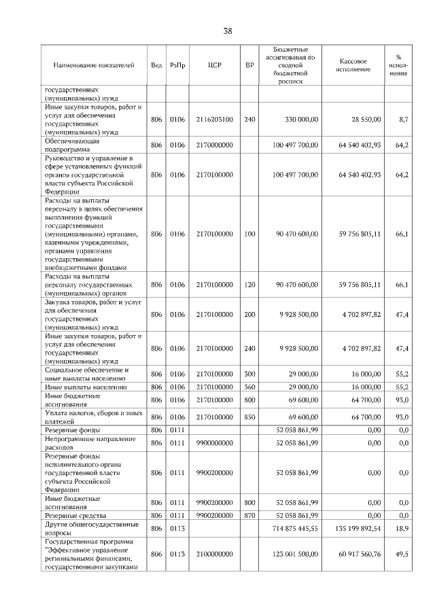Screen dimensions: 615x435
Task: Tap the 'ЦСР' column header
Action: click(213, 65)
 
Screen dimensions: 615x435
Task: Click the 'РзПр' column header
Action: click(177, 65)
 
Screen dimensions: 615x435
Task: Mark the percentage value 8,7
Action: click(403, 120)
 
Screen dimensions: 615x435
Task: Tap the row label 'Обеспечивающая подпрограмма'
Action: click(73, 145)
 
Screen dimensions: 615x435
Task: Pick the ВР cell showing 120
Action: click(249, 284)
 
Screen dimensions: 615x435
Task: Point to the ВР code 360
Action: click(249, 387)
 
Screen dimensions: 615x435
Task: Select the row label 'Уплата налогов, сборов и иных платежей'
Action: click(93, 417)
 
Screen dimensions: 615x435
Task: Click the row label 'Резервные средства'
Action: click(73, 516)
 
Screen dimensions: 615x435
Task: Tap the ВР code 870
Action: click(249, 516)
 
